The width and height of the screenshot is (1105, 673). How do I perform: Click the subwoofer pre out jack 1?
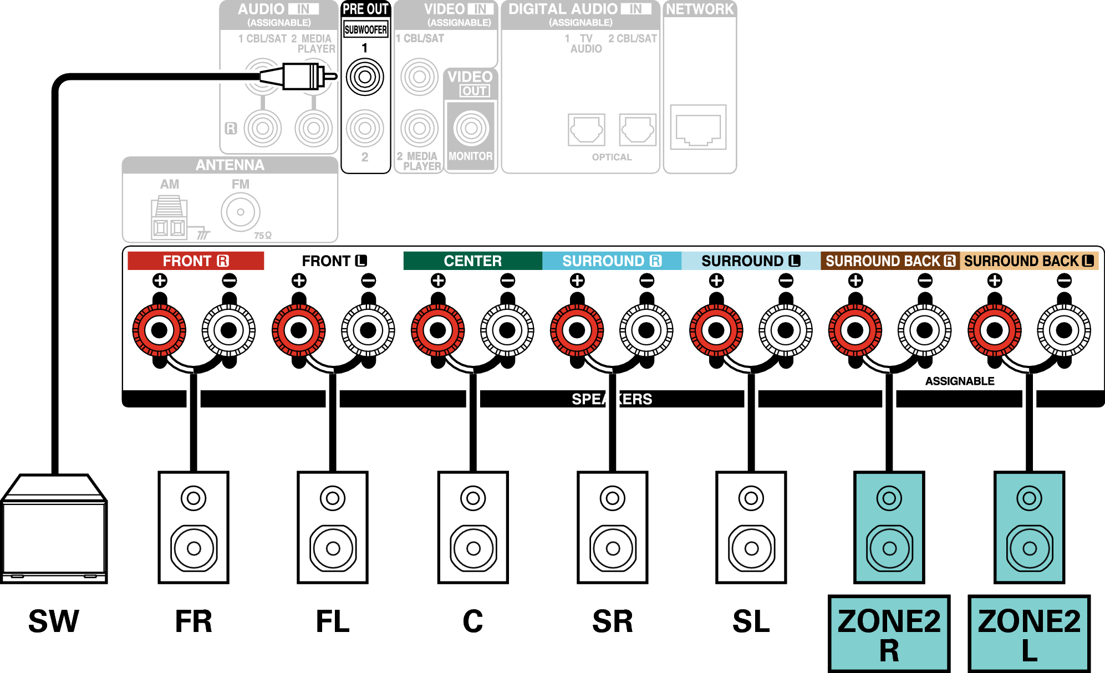click(x=364, y=77)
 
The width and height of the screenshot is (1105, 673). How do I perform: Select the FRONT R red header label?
click(x=196, y=261)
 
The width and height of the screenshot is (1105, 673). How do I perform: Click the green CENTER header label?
click(x=473, y=261)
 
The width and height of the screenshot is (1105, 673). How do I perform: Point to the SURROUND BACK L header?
click(x=1029, y=261)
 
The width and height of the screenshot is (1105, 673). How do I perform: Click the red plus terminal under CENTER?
click(x=438, y=330)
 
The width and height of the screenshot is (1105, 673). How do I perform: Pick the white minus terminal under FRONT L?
click(x=368, y=330)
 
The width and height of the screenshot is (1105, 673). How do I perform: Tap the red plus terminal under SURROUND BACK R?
click(x=856, y=330)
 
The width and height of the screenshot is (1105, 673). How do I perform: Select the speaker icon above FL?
click(x=333, y=527)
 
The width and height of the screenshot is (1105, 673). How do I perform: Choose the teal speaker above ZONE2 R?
click(x=889, y=527)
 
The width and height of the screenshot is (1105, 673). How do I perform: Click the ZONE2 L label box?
click(x=1029, y=634)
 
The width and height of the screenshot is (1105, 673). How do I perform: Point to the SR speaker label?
click(x=613, y=621)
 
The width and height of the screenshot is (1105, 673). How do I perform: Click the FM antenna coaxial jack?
click(x=241, y=212)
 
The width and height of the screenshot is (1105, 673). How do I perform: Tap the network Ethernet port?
click(x=698, y=127)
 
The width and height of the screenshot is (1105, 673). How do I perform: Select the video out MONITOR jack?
click(x=471, y=128)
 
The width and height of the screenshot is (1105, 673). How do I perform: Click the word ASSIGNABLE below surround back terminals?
click(x=960, y=381)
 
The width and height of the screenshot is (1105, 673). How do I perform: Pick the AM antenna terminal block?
click(x=169, y=218)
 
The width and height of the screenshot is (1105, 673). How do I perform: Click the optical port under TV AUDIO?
click(x=587, y=130)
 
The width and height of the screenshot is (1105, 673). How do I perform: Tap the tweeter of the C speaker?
click(x=473, y=498)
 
